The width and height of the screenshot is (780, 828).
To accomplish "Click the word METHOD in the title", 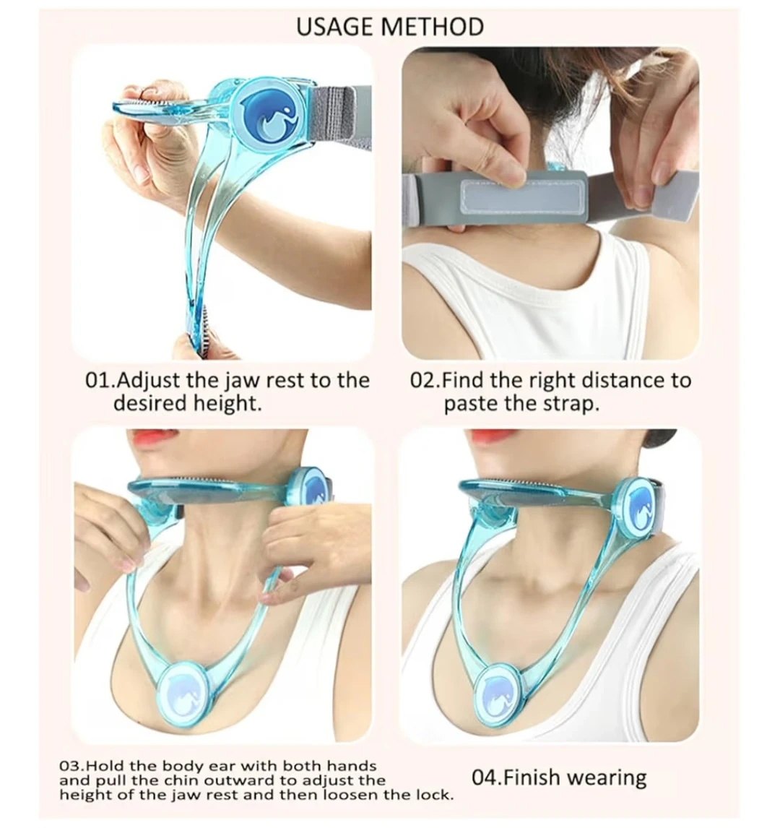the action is click(431, 27).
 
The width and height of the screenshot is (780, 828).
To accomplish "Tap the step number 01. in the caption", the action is click(100, 380).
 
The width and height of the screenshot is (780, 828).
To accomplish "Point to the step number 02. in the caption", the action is click(425, 380).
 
